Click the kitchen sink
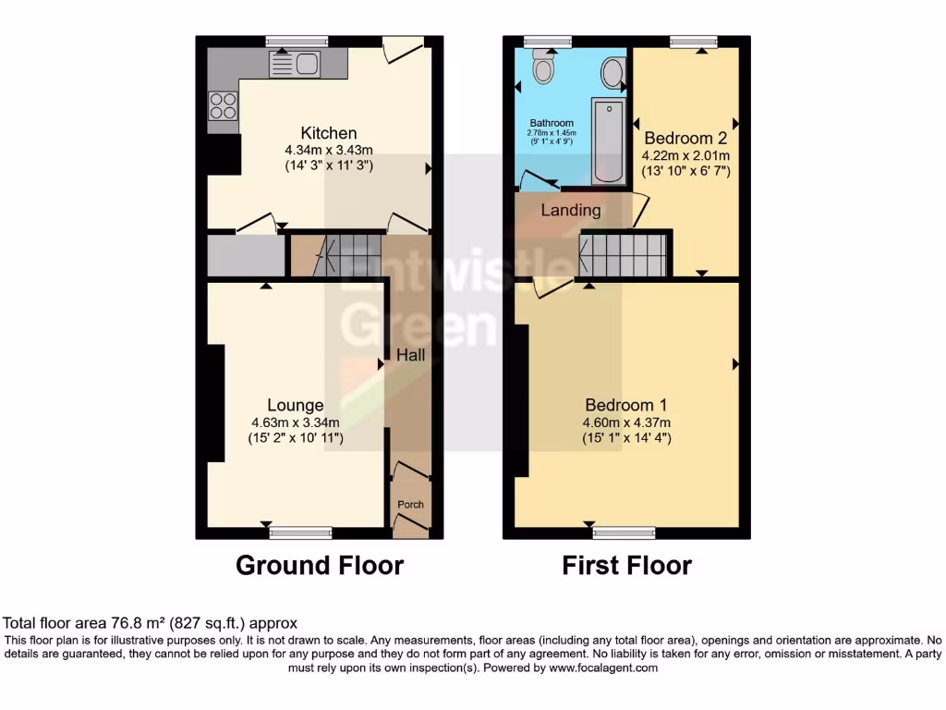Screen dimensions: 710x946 click(293, 64)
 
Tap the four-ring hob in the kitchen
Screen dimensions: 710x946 click(222, 106)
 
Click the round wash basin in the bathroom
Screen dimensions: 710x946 click(612, 70)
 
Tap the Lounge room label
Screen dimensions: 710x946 click(295, 405)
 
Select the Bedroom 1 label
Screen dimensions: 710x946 click(626, 405)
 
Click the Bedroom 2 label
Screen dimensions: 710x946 click(685, 139)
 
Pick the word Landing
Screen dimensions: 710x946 click(570, 210)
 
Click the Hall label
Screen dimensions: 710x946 click(410, 354)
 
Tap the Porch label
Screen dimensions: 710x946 click(410, 505)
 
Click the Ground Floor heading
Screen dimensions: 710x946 click(320, 565)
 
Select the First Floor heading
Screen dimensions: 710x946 click(626, 565)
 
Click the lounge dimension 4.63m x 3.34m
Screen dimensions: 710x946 click(295, 422)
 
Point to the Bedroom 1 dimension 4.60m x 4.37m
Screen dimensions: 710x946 click(626, 422)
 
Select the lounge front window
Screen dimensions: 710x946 click(299, 532)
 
